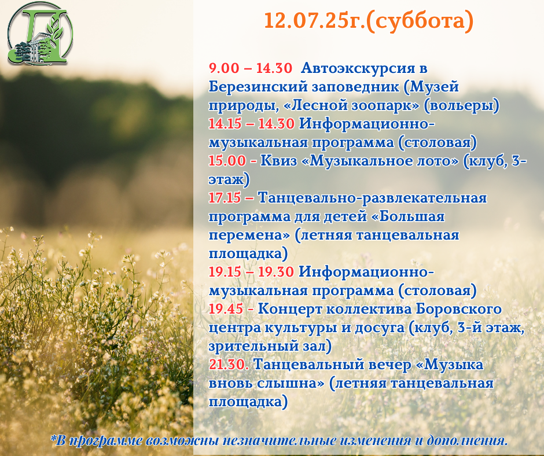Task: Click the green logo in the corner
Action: coord(41,34)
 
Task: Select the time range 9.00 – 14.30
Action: coord(251,68)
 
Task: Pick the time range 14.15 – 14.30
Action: coord(252,123)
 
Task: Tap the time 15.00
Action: coord(227,161)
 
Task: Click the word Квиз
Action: coord(278,161)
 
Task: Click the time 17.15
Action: coord(225,198)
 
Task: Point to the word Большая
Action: coord(412,216)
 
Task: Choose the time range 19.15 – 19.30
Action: coord(251,272)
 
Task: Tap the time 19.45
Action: coord(226,309)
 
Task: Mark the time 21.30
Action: coord(227,365)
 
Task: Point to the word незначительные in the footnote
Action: coord(280,441)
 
